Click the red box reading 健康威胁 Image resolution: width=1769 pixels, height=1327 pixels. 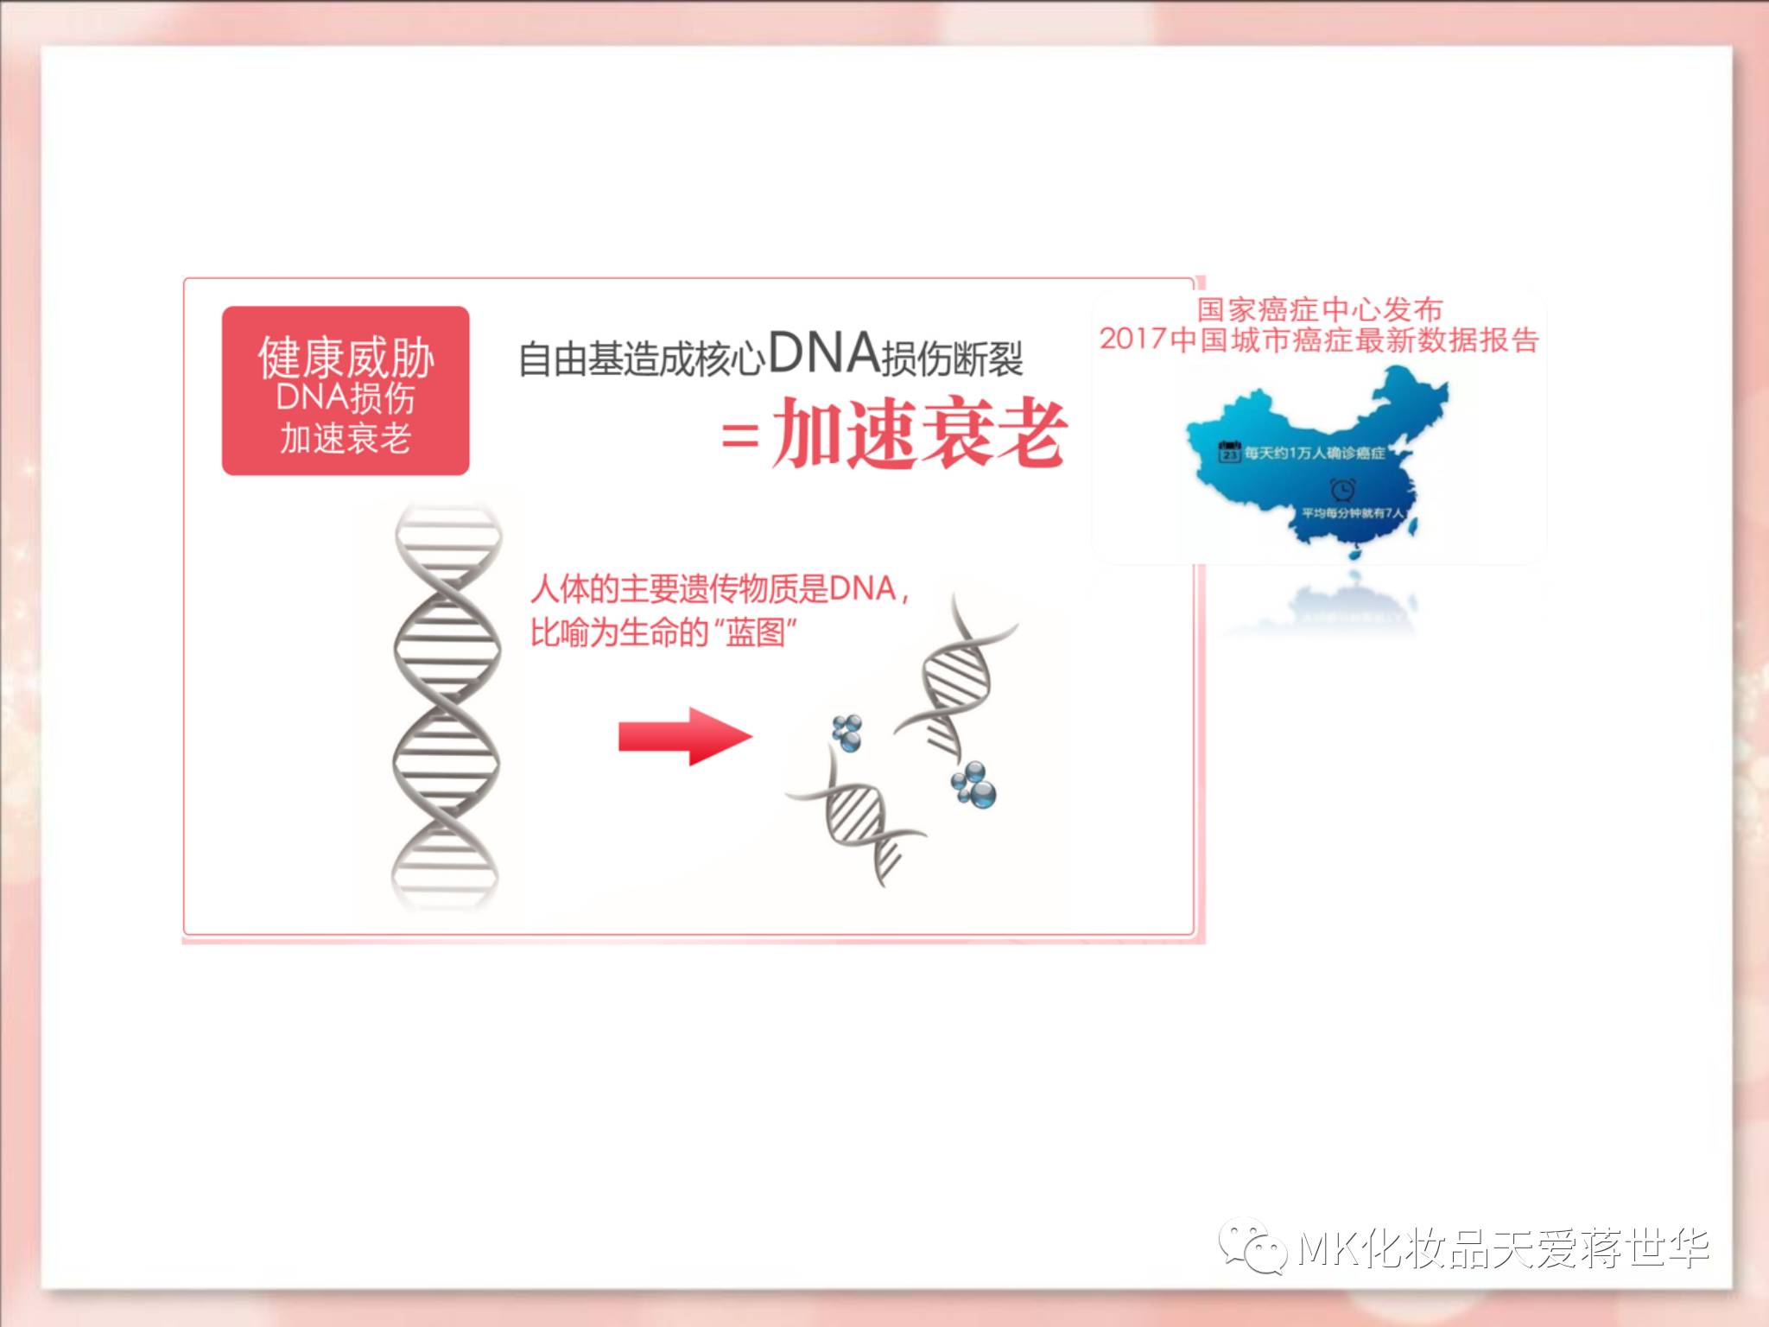pos(346,390)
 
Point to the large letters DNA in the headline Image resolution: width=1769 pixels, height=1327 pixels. pos(823,354)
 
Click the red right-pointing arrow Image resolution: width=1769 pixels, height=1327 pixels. pos(685,737)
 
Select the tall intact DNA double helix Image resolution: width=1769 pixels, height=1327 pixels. pos(447,704)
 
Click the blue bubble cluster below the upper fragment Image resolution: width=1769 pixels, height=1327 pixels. pos(974,784)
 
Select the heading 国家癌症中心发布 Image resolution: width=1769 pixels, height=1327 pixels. pos(1319,309)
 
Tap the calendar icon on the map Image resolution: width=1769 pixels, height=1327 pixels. pos(1228,452)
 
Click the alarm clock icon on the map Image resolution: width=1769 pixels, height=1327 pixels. pos(1342,490)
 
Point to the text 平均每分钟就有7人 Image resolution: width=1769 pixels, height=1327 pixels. pos(1353,513)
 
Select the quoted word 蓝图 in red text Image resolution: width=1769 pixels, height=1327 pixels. pos(755,634)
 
